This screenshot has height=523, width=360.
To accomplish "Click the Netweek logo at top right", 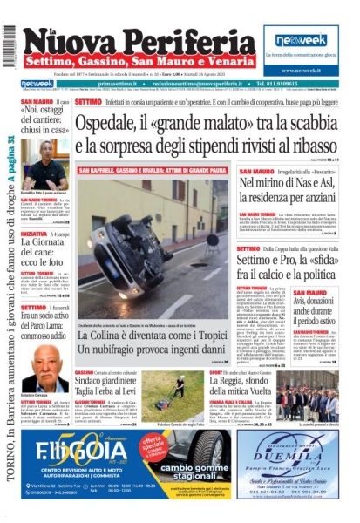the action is pos(300,40).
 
